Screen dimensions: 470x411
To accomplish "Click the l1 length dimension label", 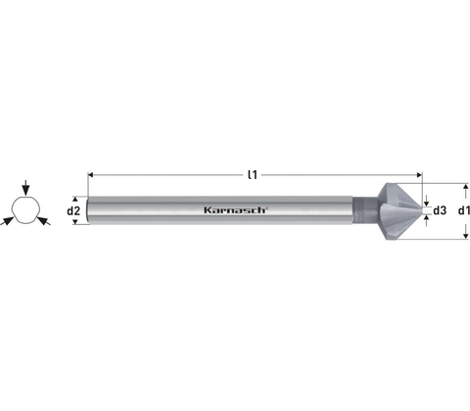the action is [x=253, y=175].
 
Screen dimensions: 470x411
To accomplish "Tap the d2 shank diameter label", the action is [x=73, y=211].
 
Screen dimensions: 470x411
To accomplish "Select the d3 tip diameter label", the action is [x=440, y=210].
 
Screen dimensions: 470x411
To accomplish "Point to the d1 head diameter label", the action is [x=464, y=210].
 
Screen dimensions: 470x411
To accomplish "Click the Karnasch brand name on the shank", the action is [x=236, y=210].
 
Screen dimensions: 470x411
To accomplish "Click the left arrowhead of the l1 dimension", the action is [x=91, y=175].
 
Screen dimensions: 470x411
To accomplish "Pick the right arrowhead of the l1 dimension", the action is [x=419, y=175].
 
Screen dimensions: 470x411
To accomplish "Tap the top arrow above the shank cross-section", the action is [x=25, y=187].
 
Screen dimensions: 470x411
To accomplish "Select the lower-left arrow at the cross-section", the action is [x=7, y=221].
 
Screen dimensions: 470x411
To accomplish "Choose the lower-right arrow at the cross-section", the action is [x=44, y=221].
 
